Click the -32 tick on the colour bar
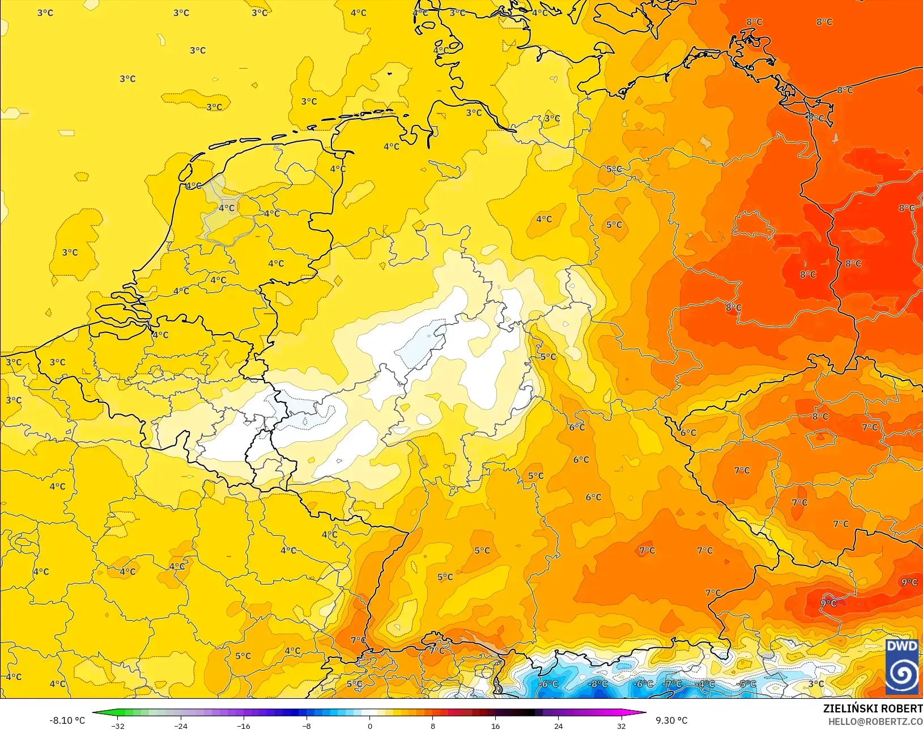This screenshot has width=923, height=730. pyautogui.click(x=118, y=725)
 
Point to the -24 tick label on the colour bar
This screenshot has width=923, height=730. pyautogui.click(x=181, y=725)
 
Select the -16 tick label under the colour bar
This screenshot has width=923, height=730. pyautogui.click(x=244, y=725)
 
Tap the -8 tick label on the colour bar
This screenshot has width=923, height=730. pyautogui.click(x=307, y=725)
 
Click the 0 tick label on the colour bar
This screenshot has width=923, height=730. pyautogui.click(x=370, y=725)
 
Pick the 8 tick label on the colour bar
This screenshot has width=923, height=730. pyautogui.click(x=433, y=725)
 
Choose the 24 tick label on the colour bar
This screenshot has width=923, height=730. pyautogui.click(x=559, y=725)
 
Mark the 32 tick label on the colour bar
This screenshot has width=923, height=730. pyautogui.click(x=622, y=725)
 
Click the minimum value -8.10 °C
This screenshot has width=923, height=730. pyautogui.click(x=67, y=720)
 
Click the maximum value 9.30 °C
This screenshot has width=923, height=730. pyautogui.click(x=671, y=720)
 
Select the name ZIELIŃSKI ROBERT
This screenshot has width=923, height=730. pyautogui.click(x=873, y=709)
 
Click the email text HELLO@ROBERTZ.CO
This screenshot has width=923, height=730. pyautogui.click(x=875, y=721)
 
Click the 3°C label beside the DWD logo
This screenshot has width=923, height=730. pyautogui.click(x=816, y=684)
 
